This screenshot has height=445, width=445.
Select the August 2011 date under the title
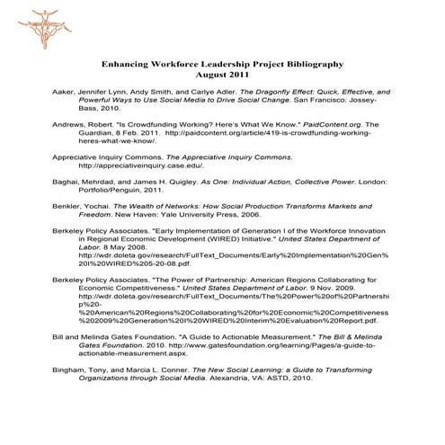point(222,77)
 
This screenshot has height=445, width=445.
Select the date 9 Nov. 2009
point(346,289)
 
